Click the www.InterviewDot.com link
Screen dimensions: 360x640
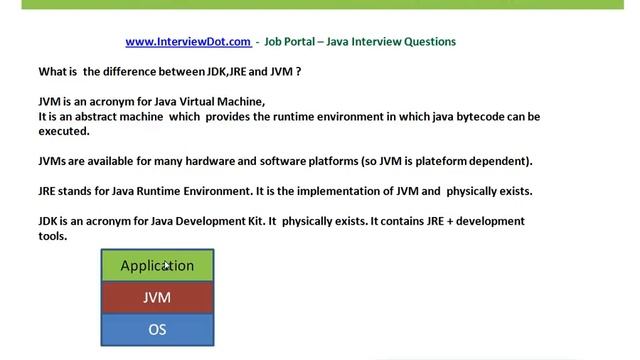click(188, 42)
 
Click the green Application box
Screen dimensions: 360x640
click(157, 266)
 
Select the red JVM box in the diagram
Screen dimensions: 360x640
click(157, 297)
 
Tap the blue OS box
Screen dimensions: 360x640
click(157, 329)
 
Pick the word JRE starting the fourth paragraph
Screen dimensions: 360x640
click(49, 191)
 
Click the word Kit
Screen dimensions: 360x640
click(251, 221)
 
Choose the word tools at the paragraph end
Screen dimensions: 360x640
click(52, 236)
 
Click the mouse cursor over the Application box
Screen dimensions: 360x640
click(167, 266)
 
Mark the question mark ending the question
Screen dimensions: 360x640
click(298, 72)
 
